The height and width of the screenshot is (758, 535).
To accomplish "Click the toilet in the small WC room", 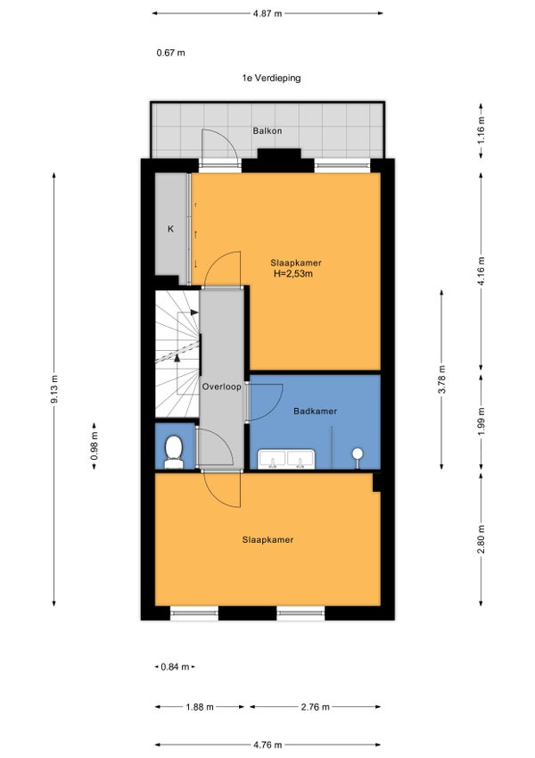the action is (x=173, y=452).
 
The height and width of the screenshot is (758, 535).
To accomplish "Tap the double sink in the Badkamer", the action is (x=286, y=459).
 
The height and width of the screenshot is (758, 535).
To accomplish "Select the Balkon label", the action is (x=267, y=130).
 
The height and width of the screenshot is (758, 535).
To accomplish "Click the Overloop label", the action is (x=222, y=387).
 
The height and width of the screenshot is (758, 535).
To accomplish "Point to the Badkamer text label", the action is (x=316, y=411).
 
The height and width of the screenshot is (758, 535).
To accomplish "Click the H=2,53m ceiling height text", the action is (x=293, y=274).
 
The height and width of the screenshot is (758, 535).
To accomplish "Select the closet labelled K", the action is (x=170, y=229).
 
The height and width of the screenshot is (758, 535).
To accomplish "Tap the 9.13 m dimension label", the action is (x=54, y=389).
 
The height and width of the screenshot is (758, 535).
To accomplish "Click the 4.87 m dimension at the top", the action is (x=267, y=13).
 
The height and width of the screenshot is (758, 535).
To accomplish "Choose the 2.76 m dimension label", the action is (x=316, y=707).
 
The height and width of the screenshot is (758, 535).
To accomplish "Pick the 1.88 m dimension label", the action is (x=200, y=707).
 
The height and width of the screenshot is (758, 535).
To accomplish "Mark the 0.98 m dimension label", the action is (x=95, y=446).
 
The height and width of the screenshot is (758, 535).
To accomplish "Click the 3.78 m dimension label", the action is (x=441, y=380).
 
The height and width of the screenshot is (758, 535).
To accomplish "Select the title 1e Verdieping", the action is (x=271, y=78).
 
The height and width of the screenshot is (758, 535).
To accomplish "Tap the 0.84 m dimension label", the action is (x=175, y=667).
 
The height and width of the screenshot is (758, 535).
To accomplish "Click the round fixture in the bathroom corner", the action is (x=358, y=454).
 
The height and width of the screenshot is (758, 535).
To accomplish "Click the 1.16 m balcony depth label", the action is (x=481, y=130).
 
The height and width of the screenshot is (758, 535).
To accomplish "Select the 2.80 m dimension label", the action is (x=481, y=539).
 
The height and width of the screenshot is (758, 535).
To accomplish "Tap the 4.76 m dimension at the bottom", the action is (x=267, y=745).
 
